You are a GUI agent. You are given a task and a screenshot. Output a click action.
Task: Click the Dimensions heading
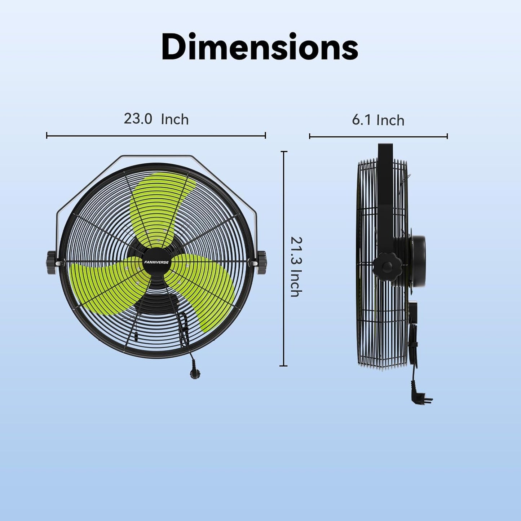coord(260,47)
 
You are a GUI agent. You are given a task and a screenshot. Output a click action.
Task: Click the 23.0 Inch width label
coord(156,119)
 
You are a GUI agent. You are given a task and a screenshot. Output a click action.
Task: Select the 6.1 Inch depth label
coord(378,120)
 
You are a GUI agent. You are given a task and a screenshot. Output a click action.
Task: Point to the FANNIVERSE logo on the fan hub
coord(156,262)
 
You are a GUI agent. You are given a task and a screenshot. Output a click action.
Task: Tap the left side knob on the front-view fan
coord(51,262)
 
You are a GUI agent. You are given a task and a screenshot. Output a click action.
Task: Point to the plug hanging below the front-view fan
coord(194,372)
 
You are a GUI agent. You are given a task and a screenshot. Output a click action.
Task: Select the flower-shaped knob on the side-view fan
coord(387,267)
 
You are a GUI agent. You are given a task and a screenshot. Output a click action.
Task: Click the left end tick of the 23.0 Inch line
coord(47,136)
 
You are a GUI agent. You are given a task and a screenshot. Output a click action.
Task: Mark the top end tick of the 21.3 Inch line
coord(284,152)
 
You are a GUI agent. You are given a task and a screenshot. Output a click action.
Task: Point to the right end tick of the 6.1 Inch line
coord(447,136)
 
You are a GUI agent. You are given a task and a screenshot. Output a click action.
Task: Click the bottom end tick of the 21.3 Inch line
coord(284,366)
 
